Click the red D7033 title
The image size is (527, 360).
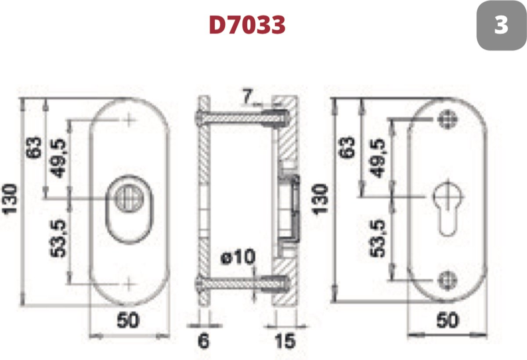(x=247, y=25)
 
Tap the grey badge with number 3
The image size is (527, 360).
(x=502, y=25)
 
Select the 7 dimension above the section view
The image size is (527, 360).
(x=248, y=96)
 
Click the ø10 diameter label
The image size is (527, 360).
(x=238, y=256)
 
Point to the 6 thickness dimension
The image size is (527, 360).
(x=203, y=341)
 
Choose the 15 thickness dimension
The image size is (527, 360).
(x=285, y=341)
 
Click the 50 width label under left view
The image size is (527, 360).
(x=128, y=320)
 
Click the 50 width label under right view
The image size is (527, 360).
(x=448, y=320)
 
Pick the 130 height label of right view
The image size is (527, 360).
(x=320, y=199)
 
